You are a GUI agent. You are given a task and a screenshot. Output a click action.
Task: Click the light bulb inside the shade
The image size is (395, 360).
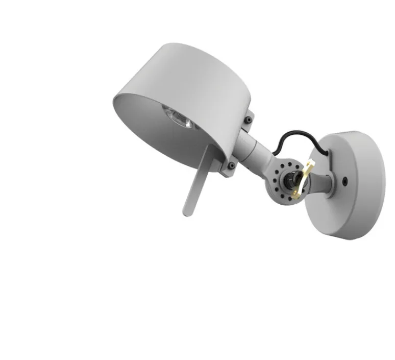[177, 116]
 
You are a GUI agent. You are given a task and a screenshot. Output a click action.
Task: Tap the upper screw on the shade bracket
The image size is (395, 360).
[248, 119]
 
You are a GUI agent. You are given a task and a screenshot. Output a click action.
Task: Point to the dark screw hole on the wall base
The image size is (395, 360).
[347, 180]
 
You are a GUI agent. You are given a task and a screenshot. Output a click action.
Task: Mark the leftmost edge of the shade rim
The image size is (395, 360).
[112, 100]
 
